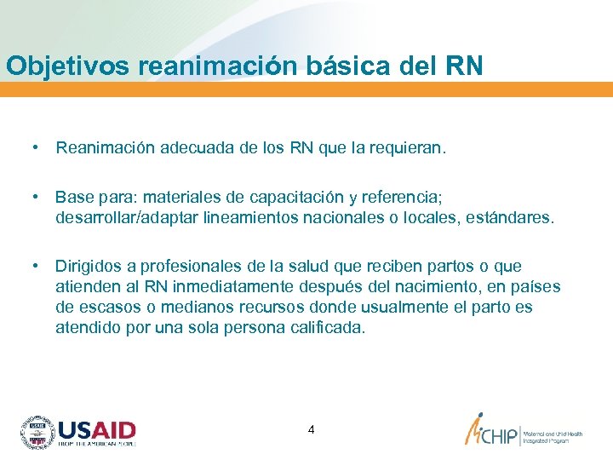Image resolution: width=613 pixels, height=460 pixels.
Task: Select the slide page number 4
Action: pyautogui.click(x=311, y=429)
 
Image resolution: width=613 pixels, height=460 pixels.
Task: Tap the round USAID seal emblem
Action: pyautogui.click(x=37, y=432)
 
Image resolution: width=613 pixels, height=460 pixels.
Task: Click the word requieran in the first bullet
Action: pyautogui.click(x=408, y=148)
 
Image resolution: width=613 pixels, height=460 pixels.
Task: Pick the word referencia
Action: pyautogui.click(x=399, y=198)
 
